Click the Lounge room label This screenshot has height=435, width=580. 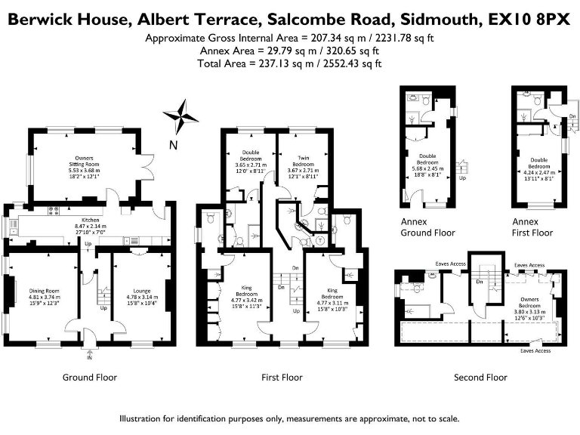click(141, 291)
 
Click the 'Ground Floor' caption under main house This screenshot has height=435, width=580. click(90, 377)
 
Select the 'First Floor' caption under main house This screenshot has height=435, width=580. click(282, 377)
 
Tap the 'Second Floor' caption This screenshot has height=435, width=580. click(480, 377)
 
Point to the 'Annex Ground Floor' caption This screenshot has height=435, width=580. click(428, 227)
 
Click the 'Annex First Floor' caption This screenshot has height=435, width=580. click(535, 227)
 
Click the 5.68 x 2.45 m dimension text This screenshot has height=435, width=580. click(428, 168)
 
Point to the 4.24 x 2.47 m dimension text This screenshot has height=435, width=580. click(538, 171)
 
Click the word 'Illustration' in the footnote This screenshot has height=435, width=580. click(143, 418)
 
